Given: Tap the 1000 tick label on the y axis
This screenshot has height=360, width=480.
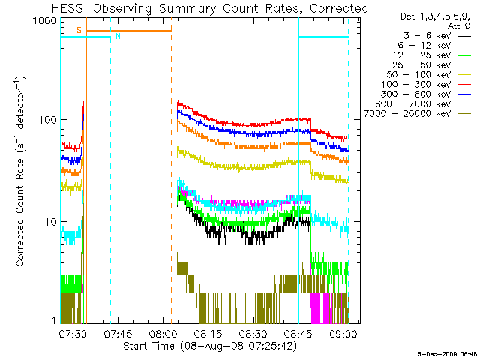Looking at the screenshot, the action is pos(45,21).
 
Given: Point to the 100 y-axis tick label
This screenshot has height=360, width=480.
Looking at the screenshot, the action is pos(48,120).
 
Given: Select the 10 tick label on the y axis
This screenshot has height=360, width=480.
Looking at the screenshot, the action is pos(51,222).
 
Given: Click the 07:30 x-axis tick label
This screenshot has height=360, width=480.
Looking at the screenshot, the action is pos(73,334).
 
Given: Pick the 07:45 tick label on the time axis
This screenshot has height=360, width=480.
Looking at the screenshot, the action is pos(118,334).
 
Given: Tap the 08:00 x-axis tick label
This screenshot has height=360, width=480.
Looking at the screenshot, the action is pos(163,334).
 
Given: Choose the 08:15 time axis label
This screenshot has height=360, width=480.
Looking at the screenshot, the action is pos(208,334).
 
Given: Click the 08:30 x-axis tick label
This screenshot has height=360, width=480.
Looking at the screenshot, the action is pos(253,334).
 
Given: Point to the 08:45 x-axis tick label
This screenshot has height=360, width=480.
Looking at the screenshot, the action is pos(298,334).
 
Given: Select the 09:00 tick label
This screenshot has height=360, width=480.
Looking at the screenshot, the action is pos(343,334).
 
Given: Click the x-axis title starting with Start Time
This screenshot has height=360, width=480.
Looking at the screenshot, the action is pos(210,346).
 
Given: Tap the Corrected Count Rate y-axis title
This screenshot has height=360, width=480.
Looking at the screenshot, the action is pos(20,172).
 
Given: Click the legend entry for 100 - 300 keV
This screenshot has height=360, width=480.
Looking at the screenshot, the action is pos(426,85).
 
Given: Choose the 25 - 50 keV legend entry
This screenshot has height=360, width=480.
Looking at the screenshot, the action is pos(432,65).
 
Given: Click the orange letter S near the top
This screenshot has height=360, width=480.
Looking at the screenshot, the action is pos(79,30).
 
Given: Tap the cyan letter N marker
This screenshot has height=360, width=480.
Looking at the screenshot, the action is pos(118,36).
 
